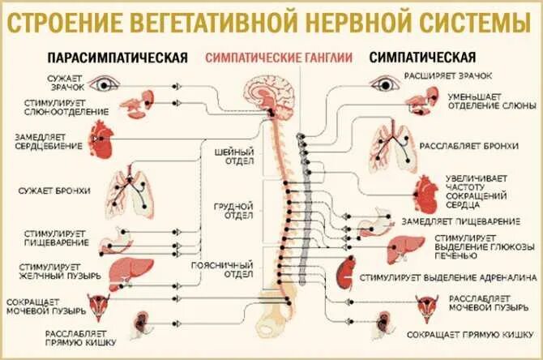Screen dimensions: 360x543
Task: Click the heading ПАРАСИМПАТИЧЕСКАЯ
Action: pyautogui.click(x=118, y=58)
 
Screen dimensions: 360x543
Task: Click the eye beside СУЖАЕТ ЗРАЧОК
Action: pyautogui.click(x=105, y=83)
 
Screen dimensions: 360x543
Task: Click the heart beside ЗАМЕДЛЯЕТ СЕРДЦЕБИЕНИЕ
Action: pyautogui.click(x=100, y=142)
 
